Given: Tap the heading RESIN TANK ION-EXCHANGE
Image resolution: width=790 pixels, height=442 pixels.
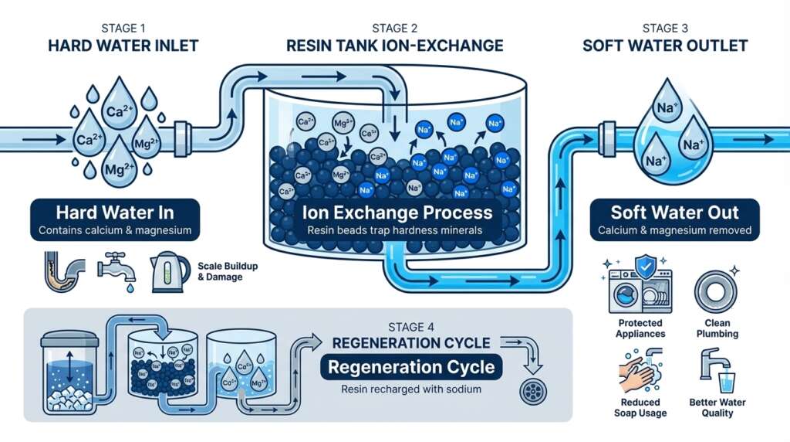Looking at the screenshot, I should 394,46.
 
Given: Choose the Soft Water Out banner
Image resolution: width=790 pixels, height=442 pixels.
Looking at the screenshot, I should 674,219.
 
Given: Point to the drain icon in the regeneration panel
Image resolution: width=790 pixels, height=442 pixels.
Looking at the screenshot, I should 532,387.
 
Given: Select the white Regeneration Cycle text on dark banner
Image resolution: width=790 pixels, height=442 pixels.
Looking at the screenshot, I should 411,366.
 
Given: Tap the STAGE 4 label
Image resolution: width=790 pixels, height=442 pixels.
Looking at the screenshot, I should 411,326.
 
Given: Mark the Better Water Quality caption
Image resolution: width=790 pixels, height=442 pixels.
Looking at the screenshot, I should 716,408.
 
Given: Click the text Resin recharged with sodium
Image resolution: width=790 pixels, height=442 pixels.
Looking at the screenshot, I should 411,389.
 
